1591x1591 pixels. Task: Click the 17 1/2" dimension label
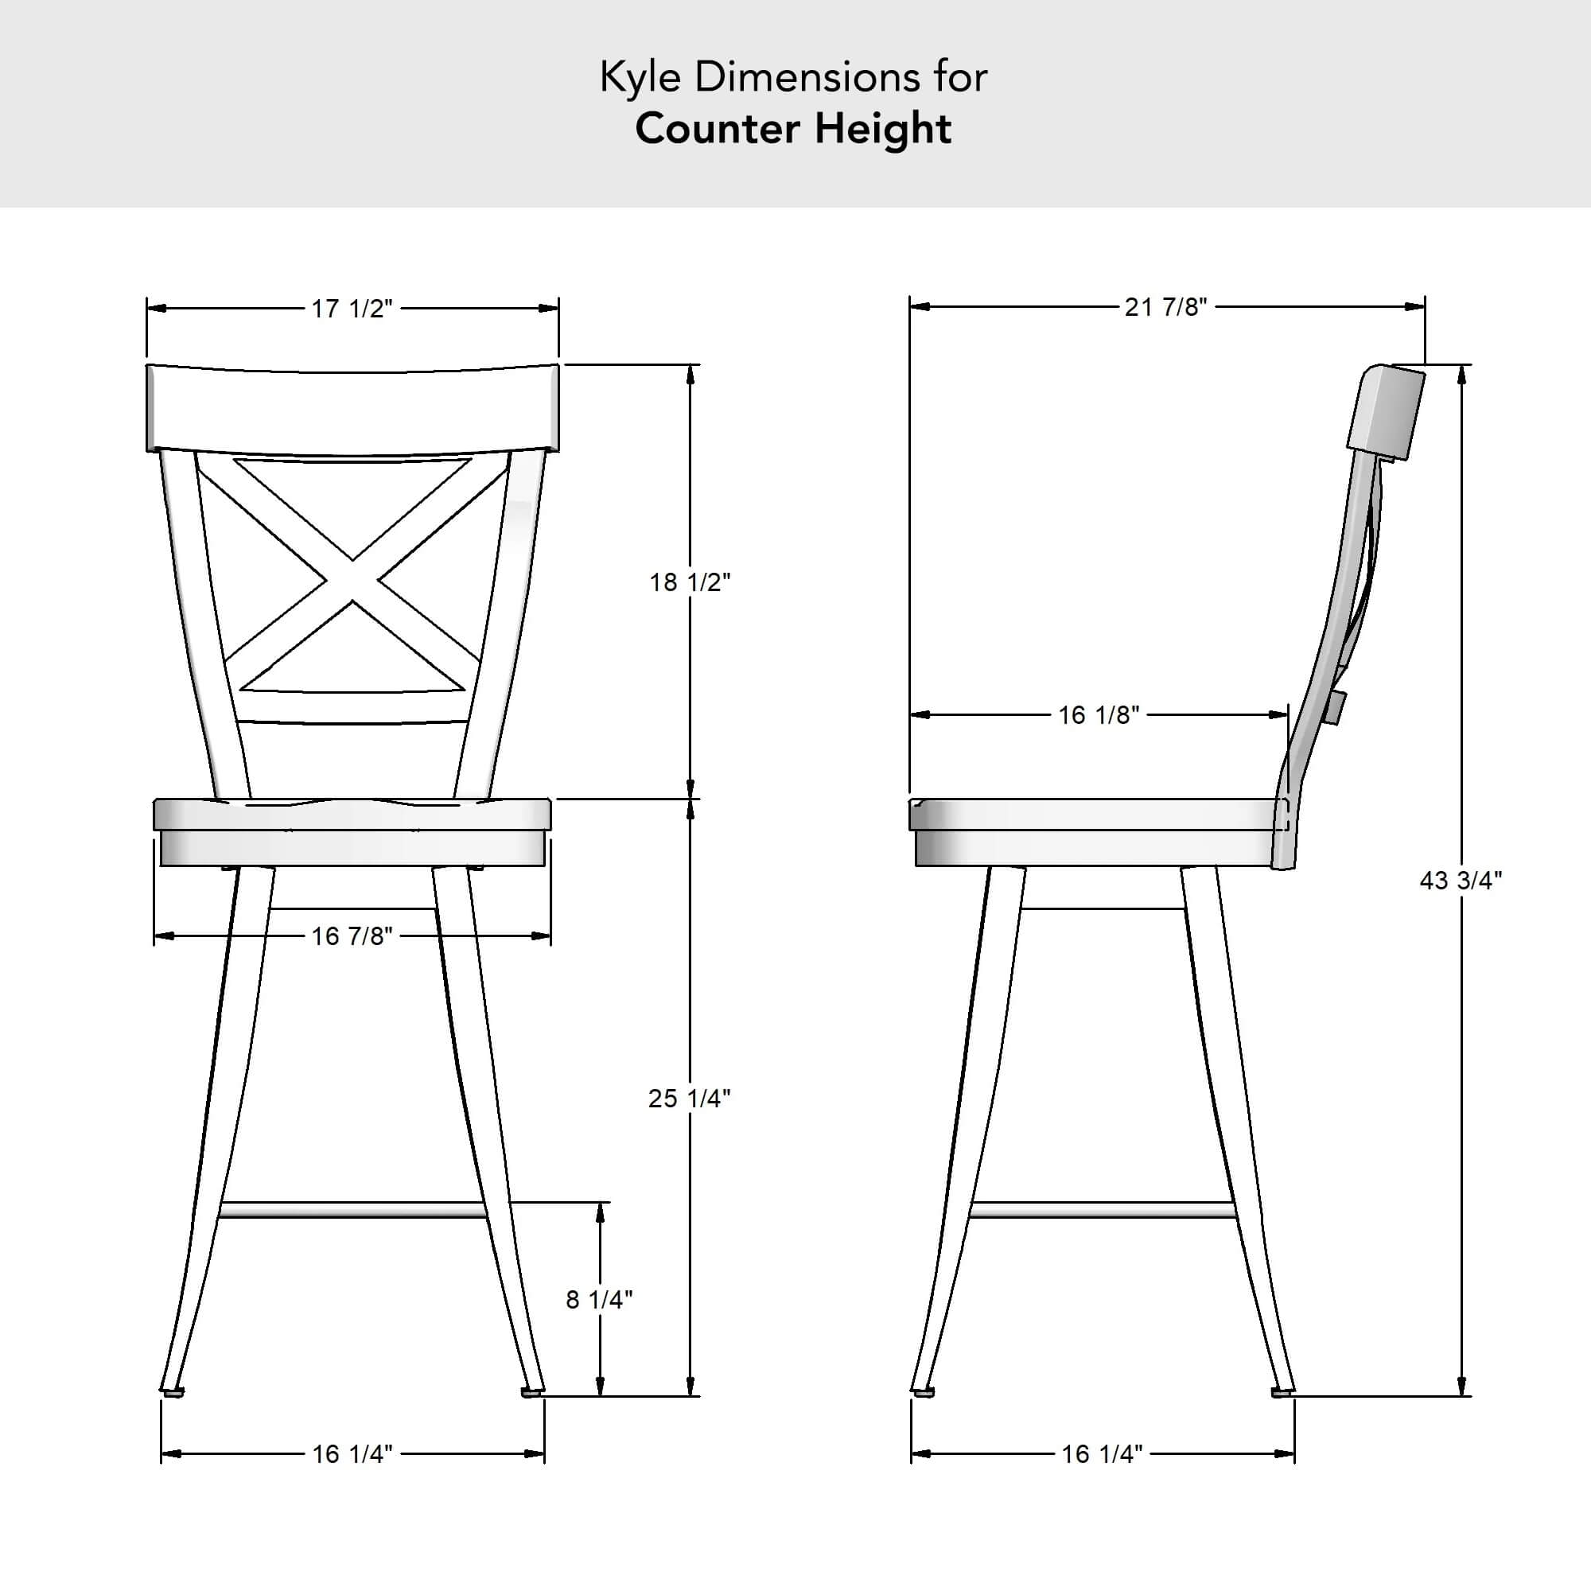[x=352, y=309]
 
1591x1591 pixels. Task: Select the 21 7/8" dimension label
[x=1166, y=307]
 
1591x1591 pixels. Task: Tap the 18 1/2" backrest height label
[x=690, y=582]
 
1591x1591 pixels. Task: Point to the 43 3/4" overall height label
[x=1461, y=881]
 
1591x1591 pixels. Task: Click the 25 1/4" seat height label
[x=689, y=1098]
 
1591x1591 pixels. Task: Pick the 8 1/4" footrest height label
[x=600, y=1299]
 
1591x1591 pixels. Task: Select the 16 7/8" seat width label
[x=352, y=936]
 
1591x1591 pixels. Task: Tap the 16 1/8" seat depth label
[x=1099, y=715]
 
